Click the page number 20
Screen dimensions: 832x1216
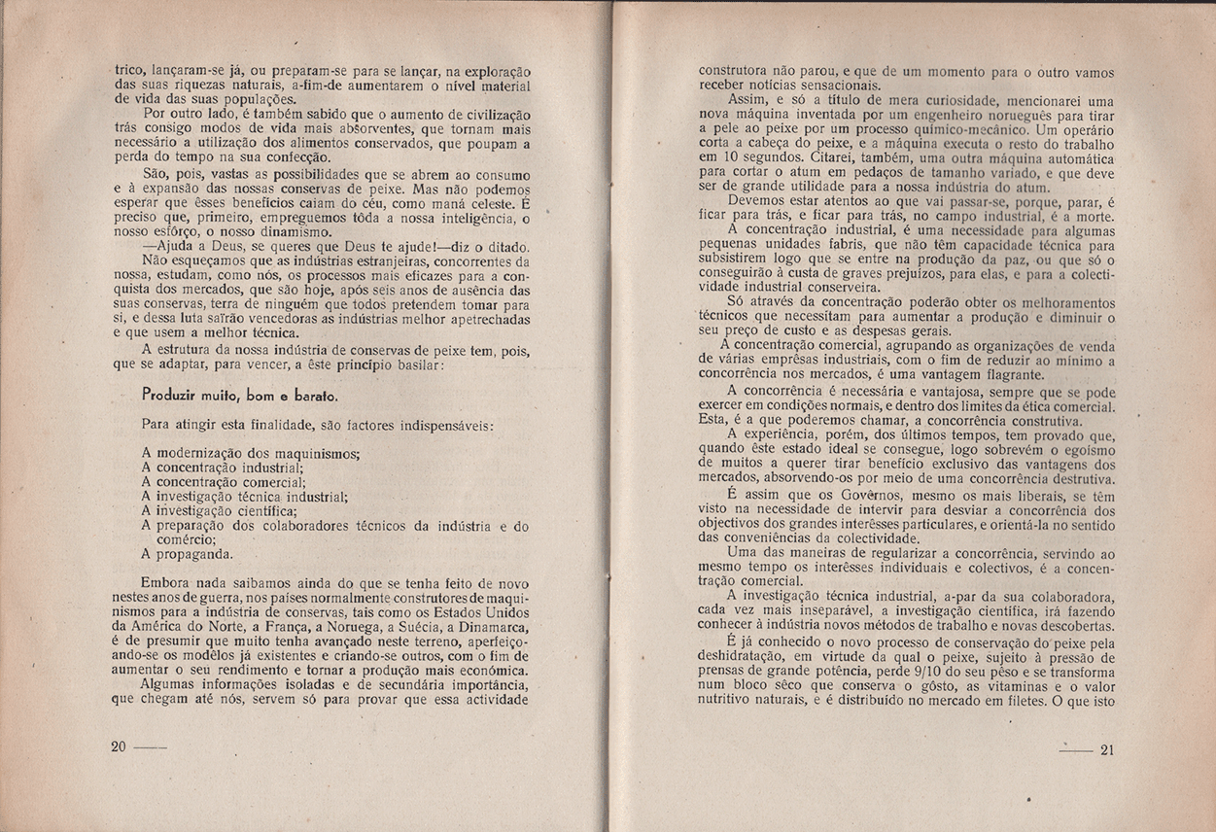120,746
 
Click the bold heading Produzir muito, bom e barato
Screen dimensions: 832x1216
239,396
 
